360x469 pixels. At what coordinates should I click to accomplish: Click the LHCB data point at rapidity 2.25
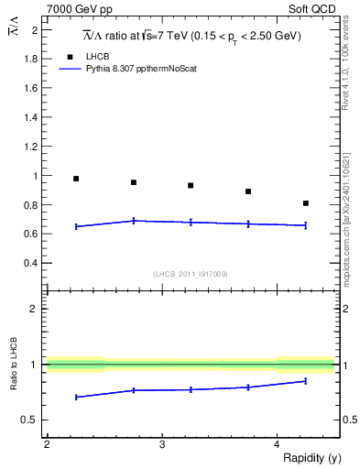tap(76, 179)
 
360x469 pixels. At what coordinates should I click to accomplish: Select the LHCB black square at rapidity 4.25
tap(306, 203)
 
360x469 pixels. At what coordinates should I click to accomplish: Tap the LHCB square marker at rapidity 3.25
tap(191, 186)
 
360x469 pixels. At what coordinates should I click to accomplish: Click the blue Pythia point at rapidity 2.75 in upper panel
tap(134, 221)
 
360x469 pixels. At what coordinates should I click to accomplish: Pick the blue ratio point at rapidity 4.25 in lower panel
tap(306, 381)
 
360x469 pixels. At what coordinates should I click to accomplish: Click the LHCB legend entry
tap(98, 57)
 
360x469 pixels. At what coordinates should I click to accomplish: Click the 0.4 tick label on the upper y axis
tap(34, 263)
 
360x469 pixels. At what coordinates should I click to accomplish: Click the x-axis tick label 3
tap(161, 444)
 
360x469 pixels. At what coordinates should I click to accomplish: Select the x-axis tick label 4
tap(277, 444)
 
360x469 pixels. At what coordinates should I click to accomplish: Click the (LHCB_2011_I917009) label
tap(191, 274)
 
